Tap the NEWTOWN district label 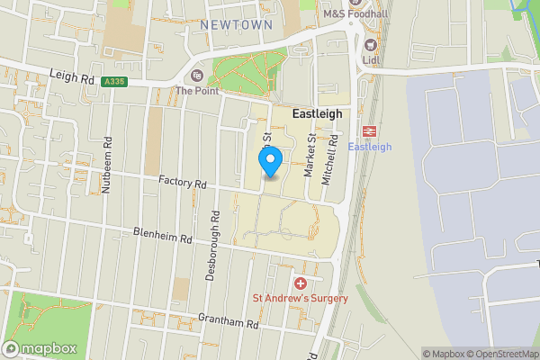[236, 24]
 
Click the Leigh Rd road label [72, 79]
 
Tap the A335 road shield [114, 82]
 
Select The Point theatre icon [197, 75]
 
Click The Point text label [197, 91]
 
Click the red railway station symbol [370, 130]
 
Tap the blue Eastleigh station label [370, 147]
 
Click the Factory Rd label [183, 183]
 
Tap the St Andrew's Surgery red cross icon [300, 283]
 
